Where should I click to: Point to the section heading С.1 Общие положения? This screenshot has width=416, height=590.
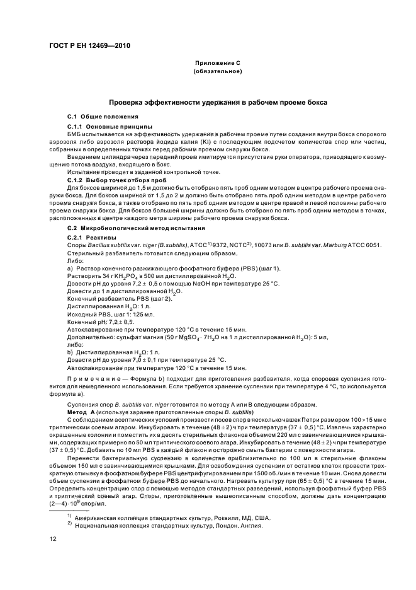click(x=97, y=117)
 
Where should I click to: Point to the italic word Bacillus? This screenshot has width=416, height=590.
click(x=101, y=244)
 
